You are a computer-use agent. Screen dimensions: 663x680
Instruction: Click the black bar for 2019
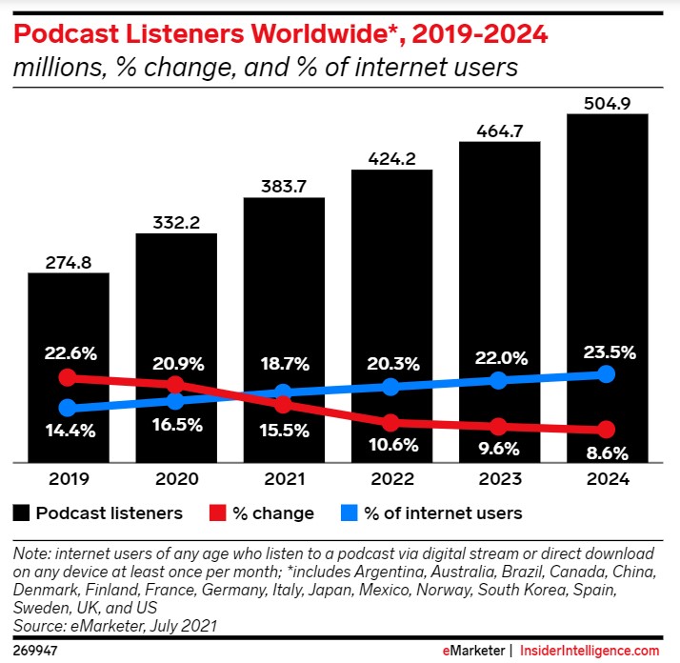(68, 314)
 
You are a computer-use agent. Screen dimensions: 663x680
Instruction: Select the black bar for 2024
(608, 238)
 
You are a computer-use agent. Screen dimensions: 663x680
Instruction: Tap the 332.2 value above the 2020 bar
(176, 222)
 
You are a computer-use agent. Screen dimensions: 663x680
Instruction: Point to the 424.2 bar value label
(391, 159)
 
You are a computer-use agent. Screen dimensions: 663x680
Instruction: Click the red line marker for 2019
(68, 377)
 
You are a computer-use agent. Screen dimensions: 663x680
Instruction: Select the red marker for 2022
(391, 422)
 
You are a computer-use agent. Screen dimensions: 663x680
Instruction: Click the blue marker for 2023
(499, 380)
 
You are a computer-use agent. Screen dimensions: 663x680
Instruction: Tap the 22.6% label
(68, 352)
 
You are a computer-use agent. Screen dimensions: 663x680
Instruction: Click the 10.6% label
(391, 444)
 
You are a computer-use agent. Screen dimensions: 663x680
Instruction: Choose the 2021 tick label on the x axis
(284, 480)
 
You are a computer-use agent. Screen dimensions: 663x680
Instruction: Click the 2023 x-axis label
(499, 480)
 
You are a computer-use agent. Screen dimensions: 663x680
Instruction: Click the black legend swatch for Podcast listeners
(20, 513)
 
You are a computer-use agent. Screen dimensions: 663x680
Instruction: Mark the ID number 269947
(33, 650)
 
